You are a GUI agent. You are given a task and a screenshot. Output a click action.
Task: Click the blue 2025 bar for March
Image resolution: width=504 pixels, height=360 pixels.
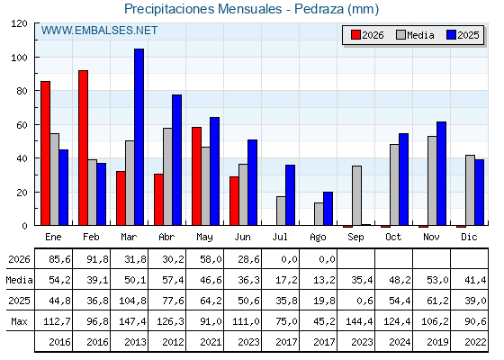pos(139,137)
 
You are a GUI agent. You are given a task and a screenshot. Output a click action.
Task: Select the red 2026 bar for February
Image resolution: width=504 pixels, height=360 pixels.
pos(83,148)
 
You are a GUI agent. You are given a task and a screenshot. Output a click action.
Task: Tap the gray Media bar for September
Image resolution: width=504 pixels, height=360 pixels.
pos(356,195)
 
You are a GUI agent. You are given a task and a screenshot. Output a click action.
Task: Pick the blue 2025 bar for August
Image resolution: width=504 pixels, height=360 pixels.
pos(328,209)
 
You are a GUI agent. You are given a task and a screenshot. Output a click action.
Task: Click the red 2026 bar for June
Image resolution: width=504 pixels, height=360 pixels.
pos(234,201)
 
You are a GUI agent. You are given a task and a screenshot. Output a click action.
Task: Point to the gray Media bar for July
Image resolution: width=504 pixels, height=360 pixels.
pos(281,211)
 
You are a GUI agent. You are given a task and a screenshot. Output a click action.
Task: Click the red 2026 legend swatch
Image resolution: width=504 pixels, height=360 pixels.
pos(355,35)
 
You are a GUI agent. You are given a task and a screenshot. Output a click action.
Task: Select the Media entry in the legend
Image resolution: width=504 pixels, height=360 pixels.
pos(415,35)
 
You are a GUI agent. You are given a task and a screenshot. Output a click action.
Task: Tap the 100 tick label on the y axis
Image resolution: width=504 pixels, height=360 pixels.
pos(19,58)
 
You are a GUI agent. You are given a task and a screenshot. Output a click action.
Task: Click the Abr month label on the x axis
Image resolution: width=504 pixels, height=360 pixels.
pos(166,238)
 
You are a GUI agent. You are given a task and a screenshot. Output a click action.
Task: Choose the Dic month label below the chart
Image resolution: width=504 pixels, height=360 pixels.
pos(469,237)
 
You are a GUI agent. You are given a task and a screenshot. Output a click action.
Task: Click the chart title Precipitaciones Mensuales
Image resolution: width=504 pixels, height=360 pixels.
pos(203,9)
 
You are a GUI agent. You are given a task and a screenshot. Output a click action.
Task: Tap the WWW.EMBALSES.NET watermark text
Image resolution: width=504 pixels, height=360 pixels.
pos(99,31)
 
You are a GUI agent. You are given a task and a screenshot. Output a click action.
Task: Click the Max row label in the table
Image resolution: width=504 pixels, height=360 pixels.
pos(19,321)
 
